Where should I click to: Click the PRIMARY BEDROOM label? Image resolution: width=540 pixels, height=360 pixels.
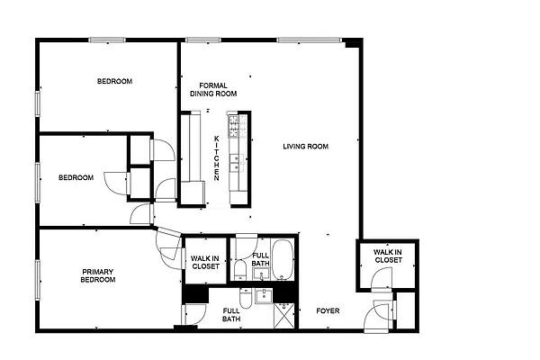click(x=98, y=276)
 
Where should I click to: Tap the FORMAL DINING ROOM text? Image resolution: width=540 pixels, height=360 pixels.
click(x=213, y=89)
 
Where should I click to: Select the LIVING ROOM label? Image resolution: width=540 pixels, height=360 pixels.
click(x=305, y=147)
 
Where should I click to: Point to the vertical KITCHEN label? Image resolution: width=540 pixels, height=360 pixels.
click(x=217, y=157)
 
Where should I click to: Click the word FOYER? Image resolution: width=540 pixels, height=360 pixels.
click(x=328, y=311)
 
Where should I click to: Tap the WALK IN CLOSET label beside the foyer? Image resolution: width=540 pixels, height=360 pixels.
click(x=388, y=256)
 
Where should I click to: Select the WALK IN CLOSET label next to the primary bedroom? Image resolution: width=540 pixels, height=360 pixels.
click(x=205, y=262)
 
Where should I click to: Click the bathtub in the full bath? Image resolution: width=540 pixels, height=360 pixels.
click(x=283, y=259)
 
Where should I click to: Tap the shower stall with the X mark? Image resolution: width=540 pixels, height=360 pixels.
click(x=284, y=315)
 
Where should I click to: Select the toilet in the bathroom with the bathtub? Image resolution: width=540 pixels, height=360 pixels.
click(x=240, y=268)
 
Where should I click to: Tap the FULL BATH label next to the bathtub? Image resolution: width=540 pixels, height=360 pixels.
click(x=260, y=259)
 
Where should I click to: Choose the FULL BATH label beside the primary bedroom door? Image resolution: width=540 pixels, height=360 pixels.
click(x=231, y=314)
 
